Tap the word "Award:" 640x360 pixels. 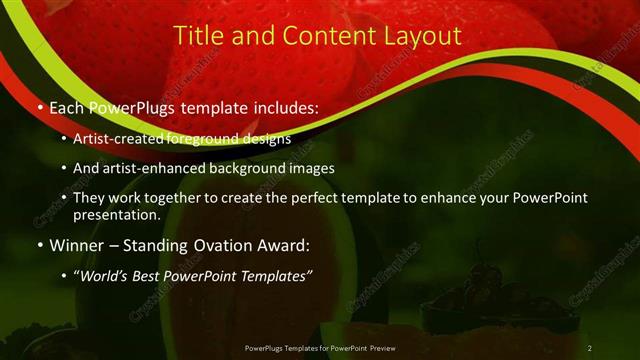click(289, 245)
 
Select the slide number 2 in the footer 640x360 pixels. click(590, 347)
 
